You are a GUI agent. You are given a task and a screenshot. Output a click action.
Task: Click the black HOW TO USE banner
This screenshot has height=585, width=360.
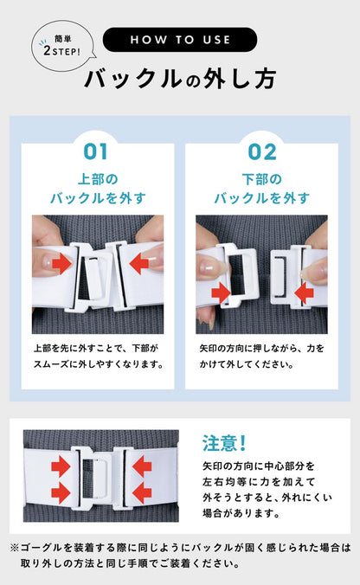click(180, 40)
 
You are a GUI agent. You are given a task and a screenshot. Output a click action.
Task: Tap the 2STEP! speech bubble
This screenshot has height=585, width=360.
click(62, 46)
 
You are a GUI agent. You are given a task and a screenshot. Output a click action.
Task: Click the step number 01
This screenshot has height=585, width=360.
click(96, 151)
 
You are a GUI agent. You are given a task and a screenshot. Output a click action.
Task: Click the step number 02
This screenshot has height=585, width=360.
click(262, 151)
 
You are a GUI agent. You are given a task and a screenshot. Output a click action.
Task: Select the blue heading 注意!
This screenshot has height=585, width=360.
click(224, 443)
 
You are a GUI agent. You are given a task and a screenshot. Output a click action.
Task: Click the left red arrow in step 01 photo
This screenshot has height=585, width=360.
click(62, 263)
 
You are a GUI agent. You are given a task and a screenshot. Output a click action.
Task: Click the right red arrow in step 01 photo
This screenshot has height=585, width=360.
click(139, 263)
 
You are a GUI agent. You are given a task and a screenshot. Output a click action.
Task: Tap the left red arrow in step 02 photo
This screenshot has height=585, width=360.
click(221, 292)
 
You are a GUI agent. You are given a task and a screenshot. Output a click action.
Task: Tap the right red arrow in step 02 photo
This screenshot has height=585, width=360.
click(304, 292)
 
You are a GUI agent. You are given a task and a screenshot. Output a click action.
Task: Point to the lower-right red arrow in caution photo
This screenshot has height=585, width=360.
click(142, 493)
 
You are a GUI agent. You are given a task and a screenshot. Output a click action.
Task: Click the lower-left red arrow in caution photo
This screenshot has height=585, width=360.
click(61, 493)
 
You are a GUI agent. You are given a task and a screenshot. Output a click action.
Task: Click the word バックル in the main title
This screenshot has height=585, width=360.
click(133, 79)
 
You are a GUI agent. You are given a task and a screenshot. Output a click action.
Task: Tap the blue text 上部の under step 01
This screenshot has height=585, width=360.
click(98, 179)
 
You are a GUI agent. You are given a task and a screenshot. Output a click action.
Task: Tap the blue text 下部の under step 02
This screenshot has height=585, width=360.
click(262, 179)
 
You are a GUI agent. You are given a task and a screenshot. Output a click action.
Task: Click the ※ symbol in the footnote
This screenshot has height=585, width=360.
click(14, 548)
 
